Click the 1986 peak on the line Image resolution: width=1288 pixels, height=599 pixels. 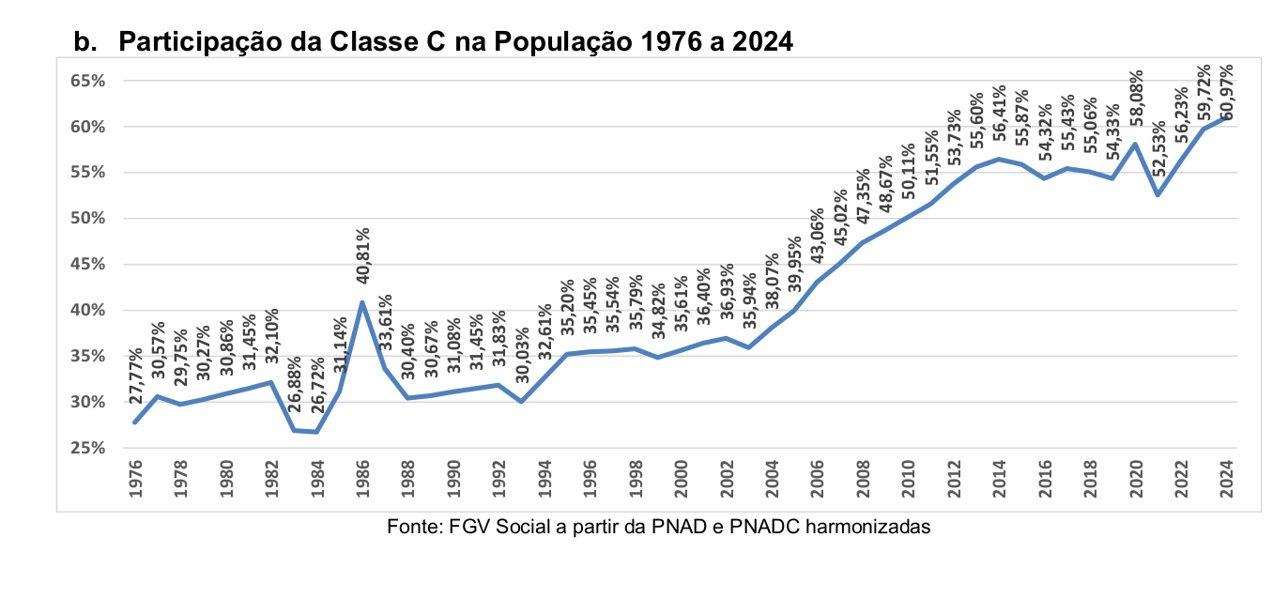point(362,302)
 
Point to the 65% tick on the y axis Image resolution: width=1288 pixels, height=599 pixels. point(87,81)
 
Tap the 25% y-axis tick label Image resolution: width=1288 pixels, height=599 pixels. point(87,448)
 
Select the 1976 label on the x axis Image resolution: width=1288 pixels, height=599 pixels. point(135,478)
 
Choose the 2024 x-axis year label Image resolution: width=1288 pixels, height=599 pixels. point(1226,478)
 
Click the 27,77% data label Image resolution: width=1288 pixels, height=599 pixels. point(136,376)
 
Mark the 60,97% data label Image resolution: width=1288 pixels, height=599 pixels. point(1227,92)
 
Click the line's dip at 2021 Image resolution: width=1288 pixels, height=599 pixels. point(1158,195)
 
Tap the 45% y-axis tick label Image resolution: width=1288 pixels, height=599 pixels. point(87,264)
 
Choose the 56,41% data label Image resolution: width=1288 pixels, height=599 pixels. point(1000,115)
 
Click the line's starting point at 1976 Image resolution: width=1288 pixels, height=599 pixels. point(135,422)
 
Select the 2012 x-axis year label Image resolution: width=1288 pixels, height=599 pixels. point(954,478)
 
